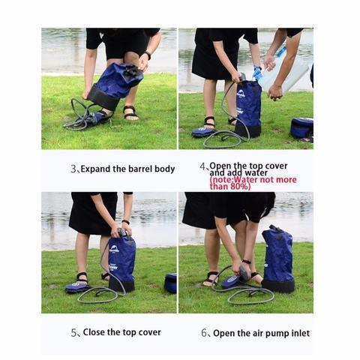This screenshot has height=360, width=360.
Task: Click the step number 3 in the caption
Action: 73,169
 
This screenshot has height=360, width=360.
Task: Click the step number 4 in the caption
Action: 202,166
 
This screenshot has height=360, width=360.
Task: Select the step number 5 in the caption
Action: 73,332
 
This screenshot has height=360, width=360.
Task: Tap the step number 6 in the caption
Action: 205,333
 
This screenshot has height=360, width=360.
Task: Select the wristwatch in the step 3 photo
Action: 148,55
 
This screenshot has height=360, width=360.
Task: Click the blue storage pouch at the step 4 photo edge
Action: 301,127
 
